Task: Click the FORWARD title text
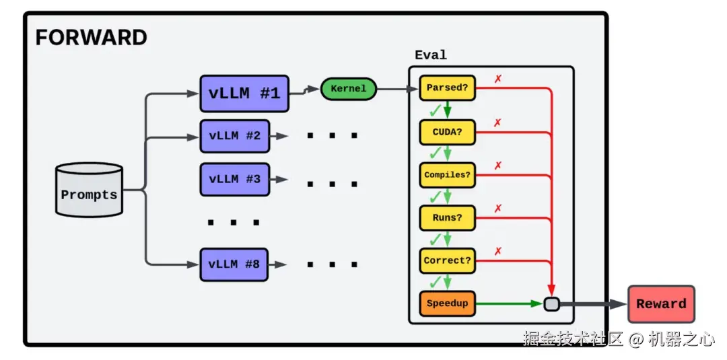91,37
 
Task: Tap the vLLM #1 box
244,94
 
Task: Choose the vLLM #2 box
234,136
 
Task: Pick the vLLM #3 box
234,179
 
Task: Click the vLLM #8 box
234,264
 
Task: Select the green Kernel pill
348,89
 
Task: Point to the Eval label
431,55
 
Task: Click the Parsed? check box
447,88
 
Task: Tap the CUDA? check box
447,132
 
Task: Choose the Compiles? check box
447,175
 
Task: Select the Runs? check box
447,218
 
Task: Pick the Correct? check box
447,260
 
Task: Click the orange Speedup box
447,303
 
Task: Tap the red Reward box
660,304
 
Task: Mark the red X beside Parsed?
498,79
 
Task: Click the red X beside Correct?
498,251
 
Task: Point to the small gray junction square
551,304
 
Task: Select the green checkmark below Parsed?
435,108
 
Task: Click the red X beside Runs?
498,209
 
